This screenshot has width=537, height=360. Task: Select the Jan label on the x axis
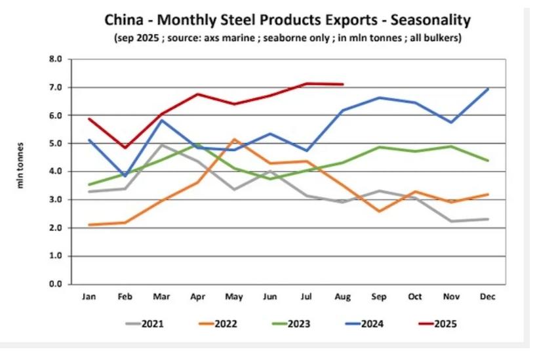click(x=89, y=297)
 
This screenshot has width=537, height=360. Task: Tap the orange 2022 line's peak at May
click(x=235, y=139)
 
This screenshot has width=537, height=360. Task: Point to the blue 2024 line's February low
click(x=126, y=176)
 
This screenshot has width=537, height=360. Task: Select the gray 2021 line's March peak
click(x=162, y=145)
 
